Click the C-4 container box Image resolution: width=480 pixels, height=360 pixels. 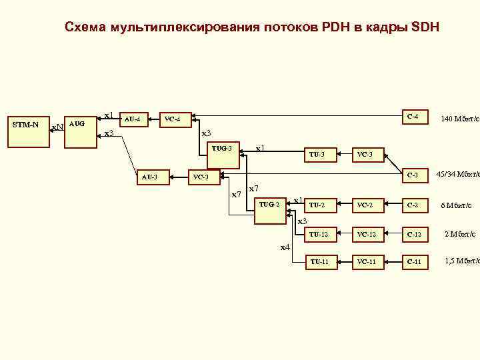[x=413, y=117]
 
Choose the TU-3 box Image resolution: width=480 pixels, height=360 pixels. [x=317, y=155]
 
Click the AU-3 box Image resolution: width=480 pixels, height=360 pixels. [x=151, y=177]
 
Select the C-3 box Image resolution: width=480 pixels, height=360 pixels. [x=413, y=175]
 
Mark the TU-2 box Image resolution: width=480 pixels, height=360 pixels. [x=319, y=205]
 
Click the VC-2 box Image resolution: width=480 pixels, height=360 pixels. [x=367, y=205]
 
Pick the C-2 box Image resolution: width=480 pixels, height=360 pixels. [x=413, y=205]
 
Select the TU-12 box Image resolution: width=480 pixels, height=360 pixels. [x=319, y=234]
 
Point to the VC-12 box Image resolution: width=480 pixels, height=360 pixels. [x=367, y=234]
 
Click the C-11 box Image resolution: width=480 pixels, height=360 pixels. [x=413, y=262]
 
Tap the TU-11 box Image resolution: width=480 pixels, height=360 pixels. [x=319, y=262]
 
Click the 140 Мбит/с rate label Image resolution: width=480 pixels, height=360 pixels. [x=460, y=119]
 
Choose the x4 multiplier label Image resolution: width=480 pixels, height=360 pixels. [x=285, y=247]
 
